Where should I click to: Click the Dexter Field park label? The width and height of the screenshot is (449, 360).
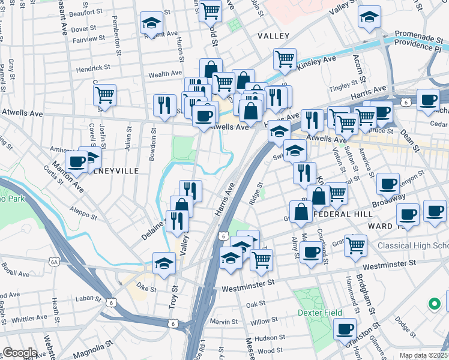319,313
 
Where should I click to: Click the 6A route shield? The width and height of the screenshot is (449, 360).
55,262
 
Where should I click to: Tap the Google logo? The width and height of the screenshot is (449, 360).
20,353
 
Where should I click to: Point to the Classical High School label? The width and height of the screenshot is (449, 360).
413,246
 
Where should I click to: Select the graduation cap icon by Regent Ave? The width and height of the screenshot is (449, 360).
151,23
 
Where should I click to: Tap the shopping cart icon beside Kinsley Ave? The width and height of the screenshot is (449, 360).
285,59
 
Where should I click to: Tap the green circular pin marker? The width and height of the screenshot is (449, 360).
433,304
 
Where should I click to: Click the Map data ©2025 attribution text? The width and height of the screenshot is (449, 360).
423,355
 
